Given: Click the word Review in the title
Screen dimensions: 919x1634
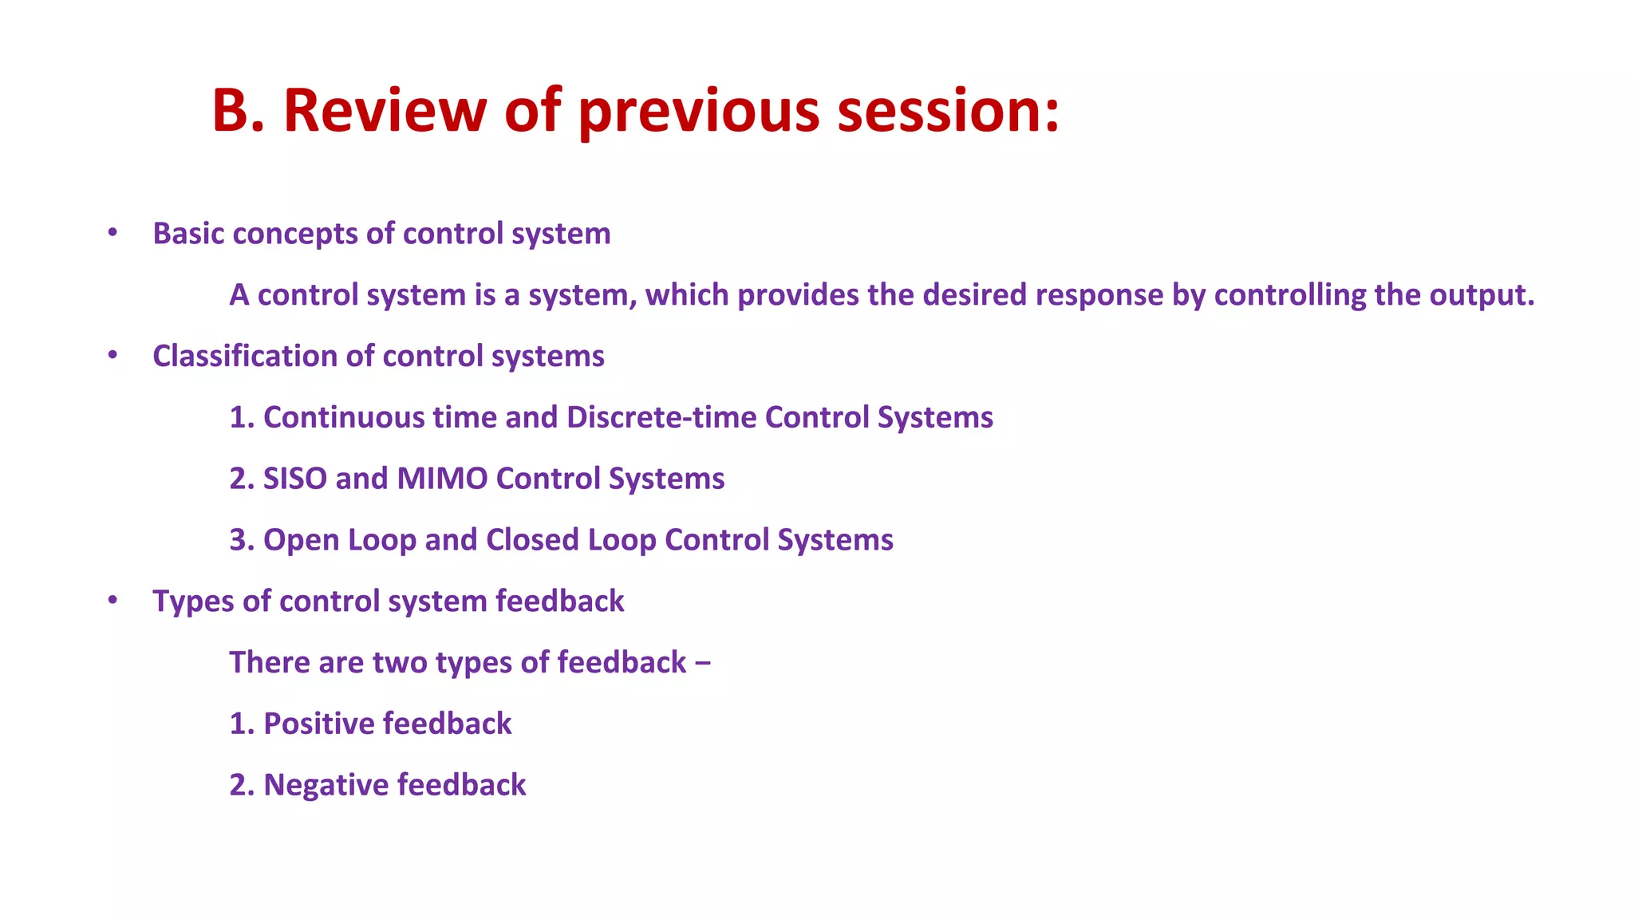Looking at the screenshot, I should point(384,110).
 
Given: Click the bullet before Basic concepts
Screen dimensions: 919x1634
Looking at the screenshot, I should point(112,233).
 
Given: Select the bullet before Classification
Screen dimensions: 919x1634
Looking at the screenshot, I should point(112,355).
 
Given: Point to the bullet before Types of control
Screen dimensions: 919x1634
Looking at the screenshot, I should point(112,600).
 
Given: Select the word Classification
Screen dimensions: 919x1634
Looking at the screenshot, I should point(244,356).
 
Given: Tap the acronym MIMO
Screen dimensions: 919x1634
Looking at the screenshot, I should point(442,479).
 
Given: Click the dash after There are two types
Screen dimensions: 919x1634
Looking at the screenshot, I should point(703,663).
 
